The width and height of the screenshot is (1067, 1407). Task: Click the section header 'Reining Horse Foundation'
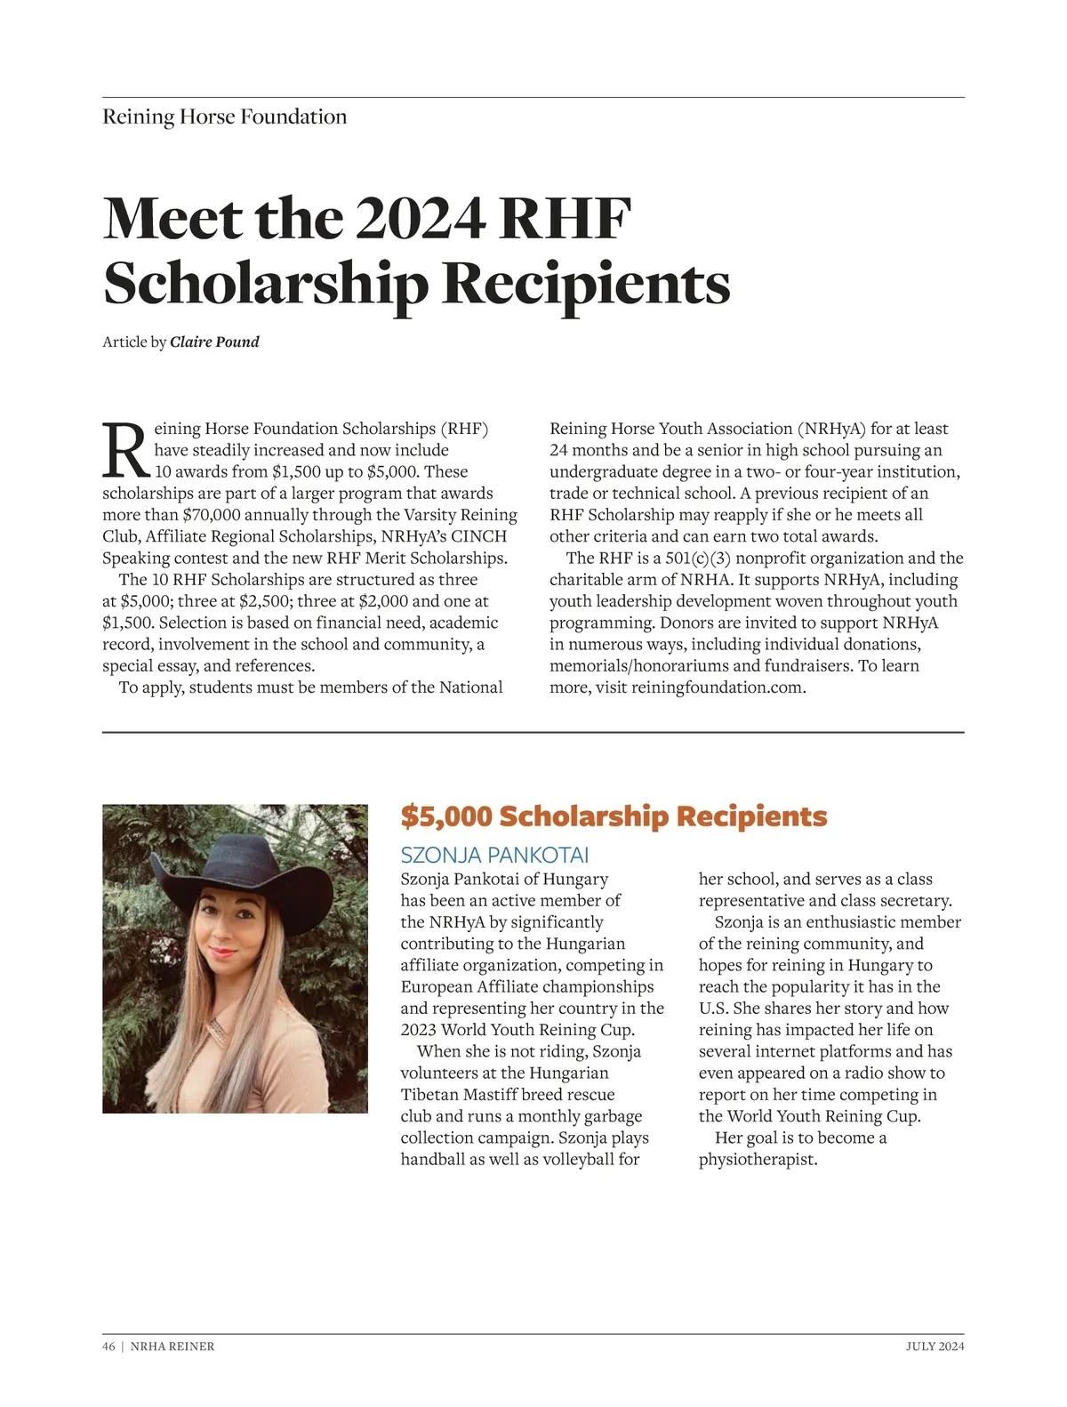[224, 117]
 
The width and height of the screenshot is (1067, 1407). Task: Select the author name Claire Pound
[214, 342]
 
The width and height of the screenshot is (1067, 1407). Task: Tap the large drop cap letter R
[124, 450]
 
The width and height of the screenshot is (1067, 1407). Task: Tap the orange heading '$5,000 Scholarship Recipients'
[614, 816]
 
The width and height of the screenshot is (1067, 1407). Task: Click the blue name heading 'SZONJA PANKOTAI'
[494, 856]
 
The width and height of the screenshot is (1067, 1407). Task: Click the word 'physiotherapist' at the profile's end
[756, 1160]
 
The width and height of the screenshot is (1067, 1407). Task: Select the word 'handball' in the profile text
[433, 1160]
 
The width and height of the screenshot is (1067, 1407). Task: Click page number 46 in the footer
[108, 1347]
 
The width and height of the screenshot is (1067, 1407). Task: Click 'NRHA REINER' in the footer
[172, 1347]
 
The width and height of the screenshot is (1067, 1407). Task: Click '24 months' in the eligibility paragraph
[589, 450]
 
